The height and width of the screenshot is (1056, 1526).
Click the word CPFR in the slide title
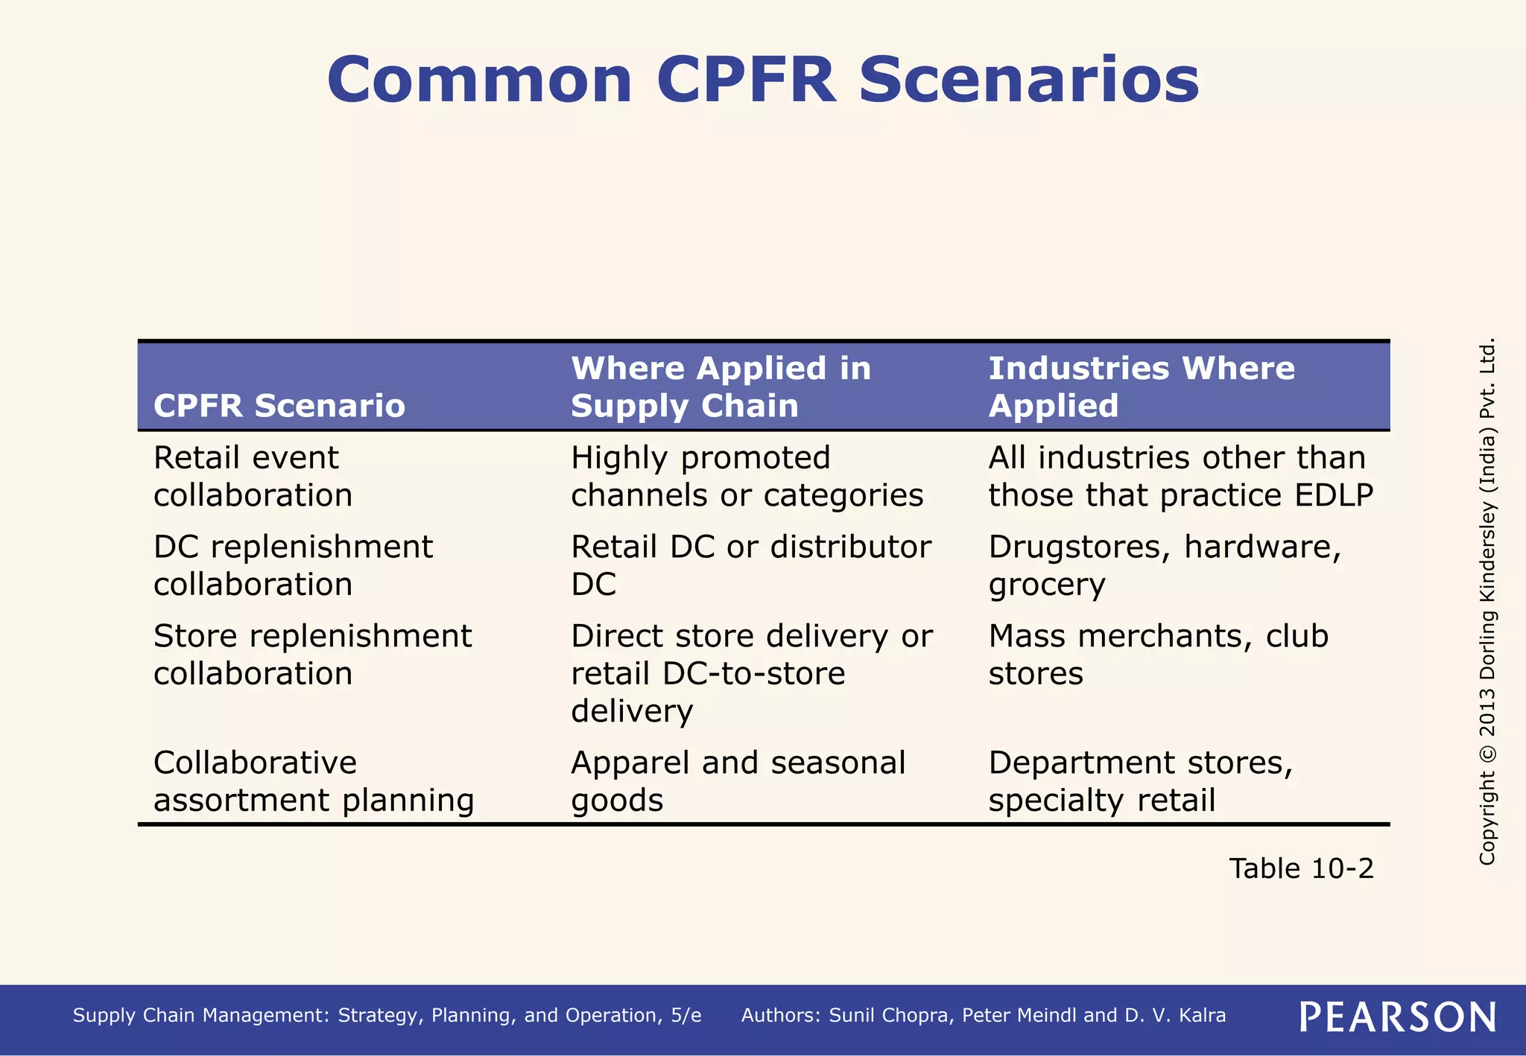[746, 80]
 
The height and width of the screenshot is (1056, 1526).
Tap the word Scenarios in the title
[1029, 80]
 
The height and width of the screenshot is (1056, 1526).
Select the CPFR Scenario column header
[279, 406]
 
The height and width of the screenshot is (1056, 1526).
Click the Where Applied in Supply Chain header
[721, 387]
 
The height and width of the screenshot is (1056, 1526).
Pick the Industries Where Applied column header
[1141, 387]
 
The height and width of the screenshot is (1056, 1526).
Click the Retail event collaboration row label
[253, 477]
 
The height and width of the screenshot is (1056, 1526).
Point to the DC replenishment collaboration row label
[293, 566]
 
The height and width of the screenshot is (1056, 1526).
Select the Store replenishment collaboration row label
[312, 655]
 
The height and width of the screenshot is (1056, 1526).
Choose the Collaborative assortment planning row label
[314, 782]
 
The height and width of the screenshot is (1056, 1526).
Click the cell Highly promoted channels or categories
[747, 477]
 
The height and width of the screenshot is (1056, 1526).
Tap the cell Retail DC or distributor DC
[750, 566]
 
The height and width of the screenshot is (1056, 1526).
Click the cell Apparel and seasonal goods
[738, 782]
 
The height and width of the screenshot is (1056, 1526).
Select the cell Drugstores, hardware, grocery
[1165, 566]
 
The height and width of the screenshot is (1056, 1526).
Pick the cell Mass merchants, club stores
[1158, 655]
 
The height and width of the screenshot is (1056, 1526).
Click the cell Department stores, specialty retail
[1140, 782]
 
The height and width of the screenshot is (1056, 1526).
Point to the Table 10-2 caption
[1301, 868]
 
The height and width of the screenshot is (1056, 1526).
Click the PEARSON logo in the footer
[1398, 1017]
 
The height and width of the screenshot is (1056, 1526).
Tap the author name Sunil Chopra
[891, 1016]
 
